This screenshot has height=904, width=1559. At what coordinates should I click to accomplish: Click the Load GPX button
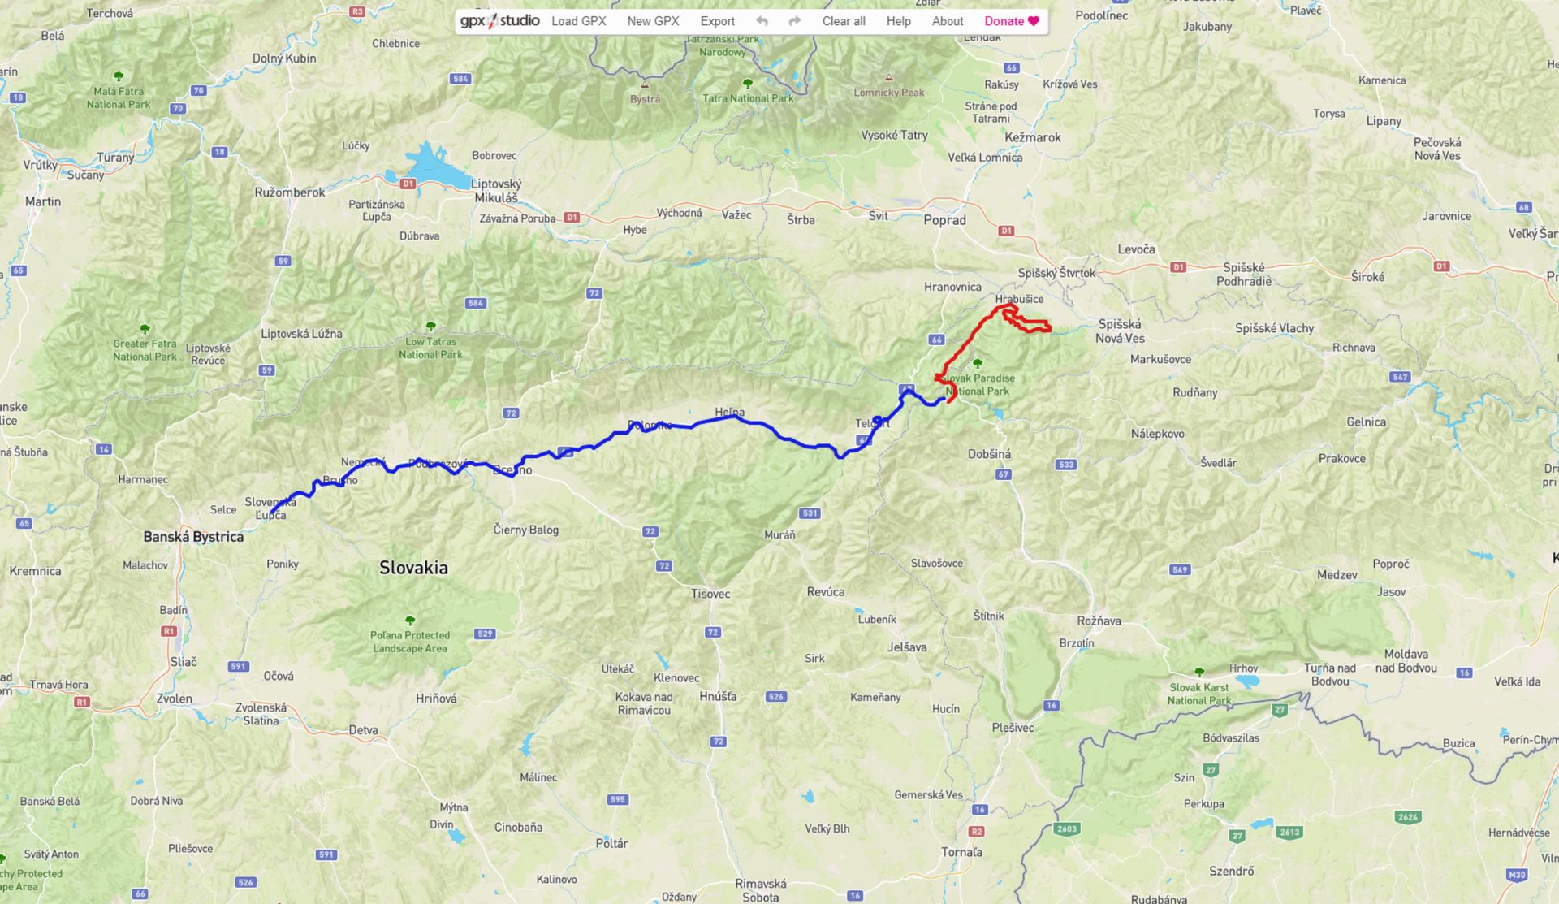578,21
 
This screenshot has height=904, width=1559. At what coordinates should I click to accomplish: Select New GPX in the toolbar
653,21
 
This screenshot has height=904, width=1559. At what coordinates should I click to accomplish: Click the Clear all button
843,21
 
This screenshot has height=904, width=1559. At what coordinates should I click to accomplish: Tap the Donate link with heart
1011,21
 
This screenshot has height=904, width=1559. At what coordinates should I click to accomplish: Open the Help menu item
898,21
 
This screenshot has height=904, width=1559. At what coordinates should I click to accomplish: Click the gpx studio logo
499,21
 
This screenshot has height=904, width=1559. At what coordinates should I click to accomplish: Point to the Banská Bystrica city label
193,536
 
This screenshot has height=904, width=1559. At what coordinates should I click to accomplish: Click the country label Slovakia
413,567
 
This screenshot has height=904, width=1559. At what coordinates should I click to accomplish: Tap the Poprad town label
944,220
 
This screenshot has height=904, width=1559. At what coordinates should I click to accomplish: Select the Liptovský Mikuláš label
496,191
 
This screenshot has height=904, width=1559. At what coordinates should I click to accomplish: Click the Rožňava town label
1099,621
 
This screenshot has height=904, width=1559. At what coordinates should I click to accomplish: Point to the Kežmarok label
1032,137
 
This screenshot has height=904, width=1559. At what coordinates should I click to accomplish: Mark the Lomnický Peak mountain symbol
889,78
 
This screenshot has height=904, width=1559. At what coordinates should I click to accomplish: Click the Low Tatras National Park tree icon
430,327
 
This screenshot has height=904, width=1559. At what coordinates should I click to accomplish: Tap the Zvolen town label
175,699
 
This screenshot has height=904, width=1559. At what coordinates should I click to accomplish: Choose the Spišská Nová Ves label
1120,331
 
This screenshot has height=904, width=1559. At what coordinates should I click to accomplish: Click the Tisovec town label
710,594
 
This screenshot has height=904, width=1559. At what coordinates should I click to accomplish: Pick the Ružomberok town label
289,192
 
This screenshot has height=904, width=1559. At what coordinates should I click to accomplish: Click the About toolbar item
947,21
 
